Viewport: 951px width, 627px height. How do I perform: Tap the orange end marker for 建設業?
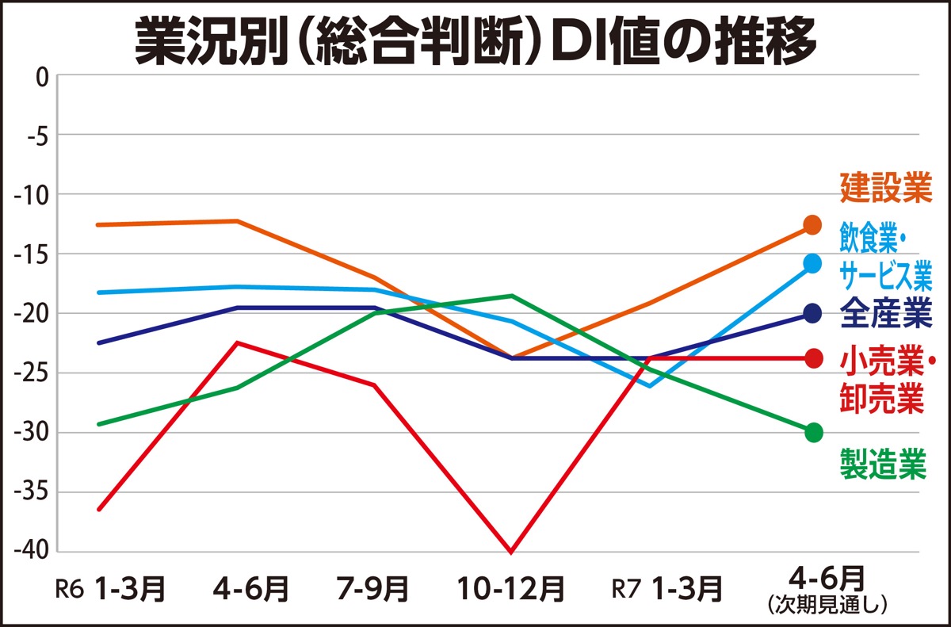[x=812, y=224]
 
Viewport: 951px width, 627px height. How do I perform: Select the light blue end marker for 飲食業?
[x=812, y=263]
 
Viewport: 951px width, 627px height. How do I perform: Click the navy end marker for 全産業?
[x=812, y=314]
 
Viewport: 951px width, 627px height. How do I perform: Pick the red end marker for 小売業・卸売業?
[x=812, y=358]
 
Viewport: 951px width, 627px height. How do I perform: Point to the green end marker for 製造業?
[x=812, y=433]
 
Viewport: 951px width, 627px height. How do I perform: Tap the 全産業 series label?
[x=884, y=314]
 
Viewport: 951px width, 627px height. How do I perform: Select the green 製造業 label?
[x=883, y=465]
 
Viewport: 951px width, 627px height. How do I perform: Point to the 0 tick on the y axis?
[x=42, y=76]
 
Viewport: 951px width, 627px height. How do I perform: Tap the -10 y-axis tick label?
[x=32, y=195]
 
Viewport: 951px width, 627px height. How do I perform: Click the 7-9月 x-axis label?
[x=373, y=589]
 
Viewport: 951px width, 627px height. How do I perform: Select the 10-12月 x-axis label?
[x=511, y=589]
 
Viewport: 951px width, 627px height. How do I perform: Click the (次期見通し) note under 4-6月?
[x=827, y=605]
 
